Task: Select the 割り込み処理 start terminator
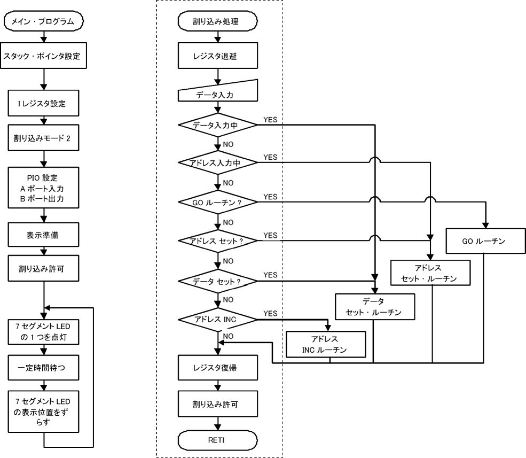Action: [217, 23]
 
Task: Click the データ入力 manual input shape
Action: [217, 96]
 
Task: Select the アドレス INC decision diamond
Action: [217, 320]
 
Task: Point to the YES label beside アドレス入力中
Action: [270, 157]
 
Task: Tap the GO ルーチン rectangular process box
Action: [484, 240]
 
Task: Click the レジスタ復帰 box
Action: [217, 368]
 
